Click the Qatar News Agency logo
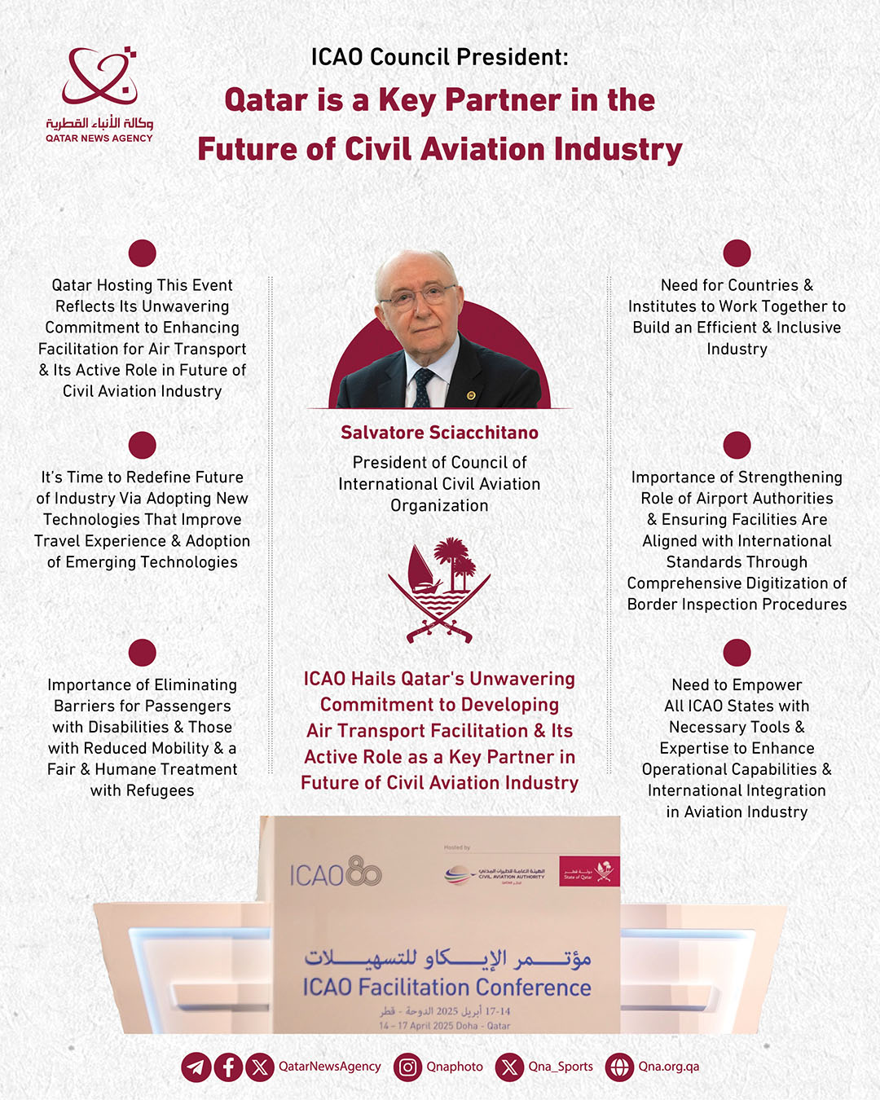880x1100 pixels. coord(99,94)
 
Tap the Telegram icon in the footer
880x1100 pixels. coord(196,1067)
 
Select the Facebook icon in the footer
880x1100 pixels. coord(228,1067)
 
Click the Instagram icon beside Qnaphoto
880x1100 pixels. coord(407,1067)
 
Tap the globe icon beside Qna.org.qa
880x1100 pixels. coord(619,1067)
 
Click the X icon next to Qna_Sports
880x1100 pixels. coord(509,1067)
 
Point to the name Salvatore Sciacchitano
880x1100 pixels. coord(439,433)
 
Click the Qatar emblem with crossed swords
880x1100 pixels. coord(439,589)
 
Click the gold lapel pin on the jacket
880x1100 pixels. coord(471,396)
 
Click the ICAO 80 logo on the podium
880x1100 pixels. coord(335,873)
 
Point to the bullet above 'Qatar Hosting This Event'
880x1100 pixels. coord(142,253)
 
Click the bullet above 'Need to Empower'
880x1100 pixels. coord(737,653)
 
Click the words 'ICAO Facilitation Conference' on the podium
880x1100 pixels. coord(447,988)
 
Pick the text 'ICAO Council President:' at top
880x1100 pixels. coord(439,57)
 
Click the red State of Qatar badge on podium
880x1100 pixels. coord(589,871)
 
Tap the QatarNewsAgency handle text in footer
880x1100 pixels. coord(329,1067)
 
